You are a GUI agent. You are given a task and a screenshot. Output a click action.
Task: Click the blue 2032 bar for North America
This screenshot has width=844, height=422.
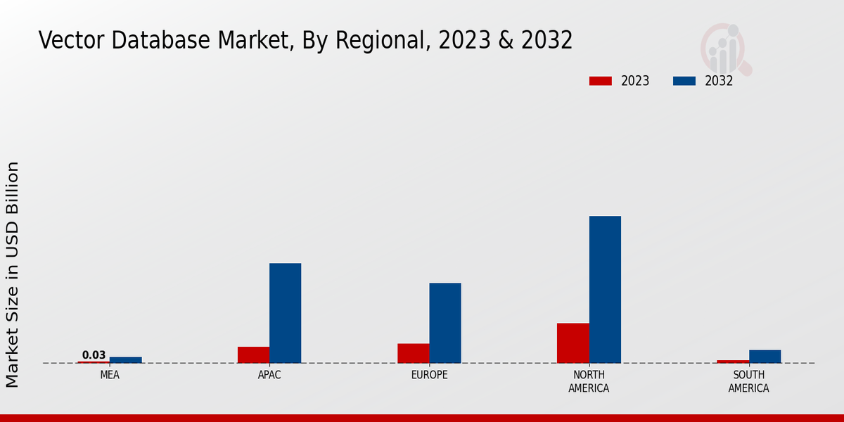(x=605, y=289)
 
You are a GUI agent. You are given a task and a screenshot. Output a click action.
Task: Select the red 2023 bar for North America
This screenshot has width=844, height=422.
(x=573, y=343)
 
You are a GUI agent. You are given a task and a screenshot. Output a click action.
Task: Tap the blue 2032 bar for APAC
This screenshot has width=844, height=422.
(x=285, y=313)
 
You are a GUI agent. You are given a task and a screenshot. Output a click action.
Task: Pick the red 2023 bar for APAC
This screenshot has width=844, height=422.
(x=253, y=355)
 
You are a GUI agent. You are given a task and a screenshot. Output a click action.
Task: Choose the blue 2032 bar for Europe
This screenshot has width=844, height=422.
(x=445, y=323)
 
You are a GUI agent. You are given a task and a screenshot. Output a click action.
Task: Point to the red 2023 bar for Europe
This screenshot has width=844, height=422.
(x=413, y=353)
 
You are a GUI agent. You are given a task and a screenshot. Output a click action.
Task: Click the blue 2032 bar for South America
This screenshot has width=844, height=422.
(x=765, y=357)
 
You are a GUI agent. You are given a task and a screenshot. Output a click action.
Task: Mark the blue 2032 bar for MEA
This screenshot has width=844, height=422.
(x=125, y=360)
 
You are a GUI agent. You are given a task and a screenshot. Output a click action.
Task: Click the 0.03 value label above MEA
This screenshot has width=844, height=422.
(x=94, y=355)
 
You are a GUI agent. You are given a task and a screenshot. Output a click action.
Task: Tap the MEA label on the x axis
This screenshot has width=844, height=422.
(x=110, y=375)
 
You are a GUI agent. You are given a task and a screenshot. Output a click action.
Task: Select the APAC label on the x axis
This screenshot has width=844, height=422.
(x=269, y=375)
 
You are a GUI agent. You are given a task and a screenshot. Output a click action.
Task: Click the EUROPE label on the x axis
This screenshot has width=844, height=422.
(x=429, y=375)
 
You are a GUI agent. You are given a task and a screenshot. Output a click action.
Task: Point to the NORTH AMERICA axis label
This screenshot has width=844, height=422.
(x=589, y=381)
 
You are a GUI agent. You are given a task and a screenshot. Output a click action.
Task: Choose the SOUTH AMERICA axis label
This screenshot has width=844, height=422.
(x=748, y=381)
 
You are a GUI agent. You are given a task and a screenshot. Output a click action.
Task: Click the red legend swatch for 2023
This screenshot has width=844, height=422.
(x=600, y=81)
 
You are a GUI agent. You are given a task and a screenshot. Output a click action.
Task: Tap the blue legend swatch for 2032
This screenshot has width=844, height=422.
(x=684, y=81)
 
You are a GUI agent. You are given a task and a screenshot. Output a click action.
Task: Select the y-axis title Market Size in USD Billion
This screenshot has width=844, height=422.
(x=13, y=274)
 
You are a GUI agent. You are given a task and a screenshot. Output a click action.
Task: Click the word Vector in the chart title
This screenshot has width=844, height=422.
(x=73, y=40)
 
